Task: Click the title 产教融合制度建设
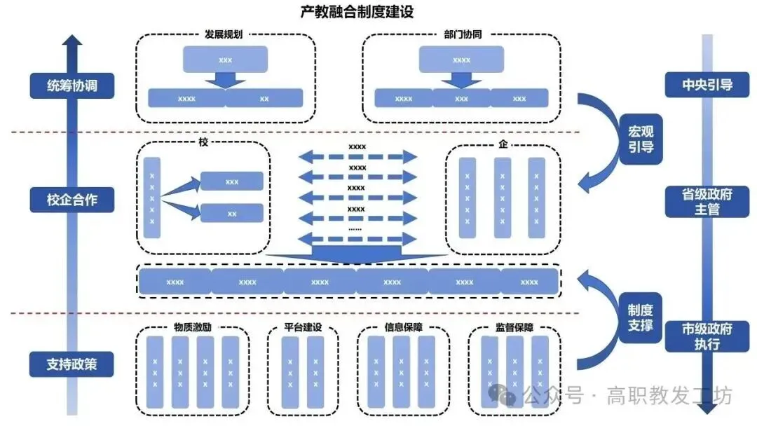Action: point(356,12)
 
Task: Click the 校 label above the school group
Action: point(203,143)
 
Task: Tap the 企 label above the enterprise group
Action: point(503,145)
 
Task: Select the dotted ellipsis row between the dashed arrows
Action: point(355,228)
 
